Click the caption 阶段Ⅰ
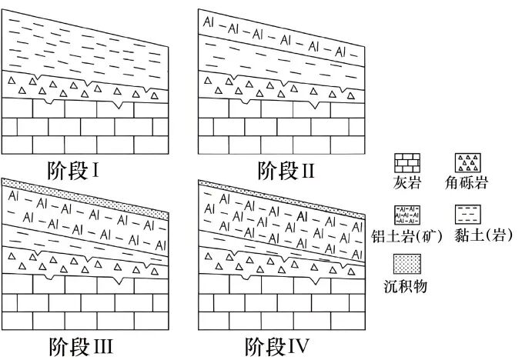[73, 171]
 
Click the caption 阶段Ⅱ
[286, 171]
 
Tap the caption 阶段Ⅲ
[81, 346]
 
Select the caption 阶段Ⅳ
[277, 346]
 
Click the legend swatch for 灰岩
[407, 163]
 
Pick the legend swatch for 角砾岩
[468, 163]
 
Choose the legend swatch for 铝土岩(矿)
[407, 215]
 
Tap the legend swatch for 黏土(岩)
[468, 215]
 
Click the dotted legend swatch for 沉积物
[407, 264]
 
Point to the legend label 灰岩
[407, 182]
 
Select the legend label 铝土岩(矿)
[407, 236]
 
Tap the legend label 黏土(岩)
[483, 235]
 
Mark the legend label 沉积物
[405, 286]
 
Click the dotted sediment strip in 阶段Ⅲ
[85, 199]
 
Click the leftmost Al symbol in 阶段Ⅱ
[208, 22]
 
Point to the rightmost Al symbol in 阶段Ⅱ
[340, 52]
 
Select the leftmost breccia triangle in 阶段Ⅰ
[12, 80]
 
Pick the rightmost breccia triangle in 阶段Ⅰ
[154, 96]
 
